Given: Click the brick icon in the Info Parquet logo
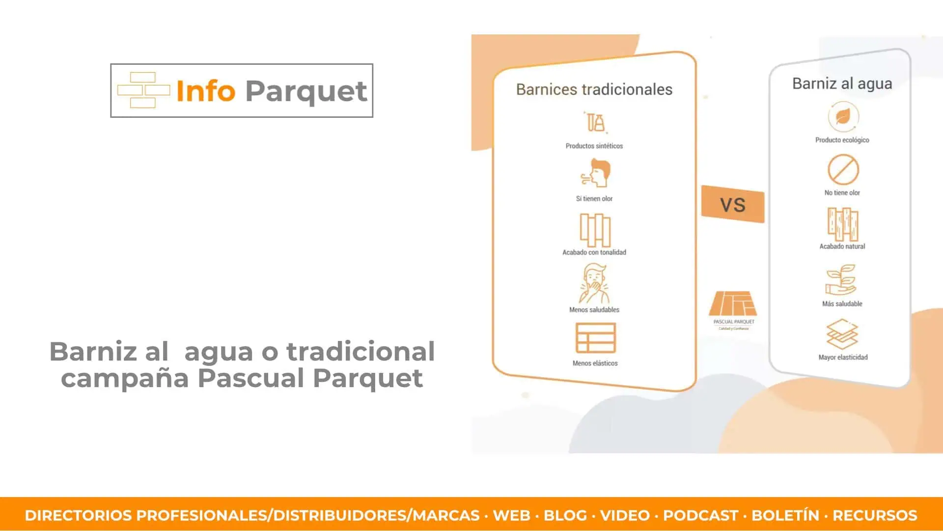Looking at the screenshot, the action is [x=143, y=90].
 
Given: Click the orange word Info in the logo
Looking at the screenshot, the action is [x=206, y=91].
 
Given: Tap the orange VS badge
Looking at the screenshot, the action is [x=733, y=204].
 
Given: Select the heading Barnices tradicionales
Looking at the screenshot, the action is [x=594, y=89].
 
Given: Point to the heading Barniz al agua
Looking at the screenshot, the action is [x=842, y=84].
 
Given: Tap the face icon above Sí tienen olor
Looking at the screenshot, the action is [x=595, y=173].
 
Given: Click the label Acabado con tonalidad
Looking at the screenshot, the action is [x=594, y=252].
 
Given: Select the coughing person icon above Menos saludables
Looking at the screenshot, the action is [x=594, y=283].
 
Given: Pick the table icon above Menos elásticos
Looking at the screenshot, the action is [x=595, y=338].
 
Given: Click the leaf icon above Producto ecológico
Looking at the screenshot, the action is [x=843, y=117].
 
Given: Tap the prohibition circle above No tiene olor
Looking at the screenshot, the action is [x=843, y=170].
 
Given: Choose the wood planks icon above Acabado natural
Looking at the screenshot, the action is [x=843, y=224].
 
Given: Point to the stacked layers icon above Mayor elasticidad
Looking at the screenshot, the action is [x=842, y=334].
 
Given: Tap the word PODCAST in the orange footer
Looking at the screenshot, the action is [x=700, y=515].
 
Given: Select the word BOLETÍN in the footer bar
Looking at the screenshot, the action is [x=785, y=515].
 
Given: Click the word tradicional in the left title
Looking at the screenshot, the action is [x=361, y=352].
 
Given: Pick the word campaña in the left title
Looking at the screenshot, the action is [x=125, y=378].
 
